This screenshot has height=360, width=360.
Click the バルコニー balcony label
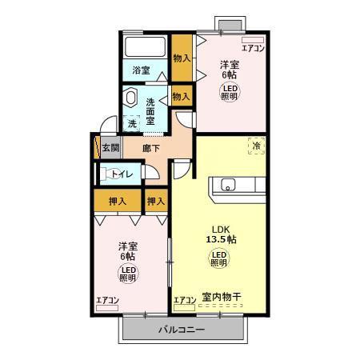pyautogui.click(x=181, y=330)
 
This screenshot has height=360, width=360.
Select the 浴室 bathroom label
pyautogui.click(x=142, y=70)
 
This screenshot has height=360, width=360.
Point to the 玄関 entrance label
pyautogui.click(x=110, y=148)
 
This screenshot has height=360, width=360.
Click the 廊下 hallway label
pyautogui.click(x=152, y=148)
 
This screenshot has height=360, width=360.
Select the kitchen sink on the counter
pyautogui.click(x=226, y=186)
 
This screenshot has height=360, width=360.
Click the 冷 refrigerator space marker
pyautogui.click(x=257, y=146)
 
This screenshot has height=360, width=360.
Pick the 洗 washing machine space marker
pyautogui.click(x=132, y=124)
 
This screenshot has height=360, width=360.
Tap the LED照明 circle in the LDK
pyautogui.click(x=218, y=258)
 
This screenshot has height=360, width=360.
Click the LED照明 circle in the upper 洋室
pyautogui.click(x=230, y=91)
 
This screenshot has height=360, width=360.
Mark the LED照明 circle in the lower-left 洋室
pyautogui.click(x=128, y=275)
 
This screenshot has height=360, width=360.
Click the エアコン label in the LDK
pyautogui.click(x=185, y=300)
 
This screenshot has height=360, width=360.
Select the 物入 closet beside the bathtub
pyautogui.click(x=182, y=58)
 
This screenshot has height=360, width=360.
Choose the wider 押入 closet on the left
pyautogui.click(x=117, y=202)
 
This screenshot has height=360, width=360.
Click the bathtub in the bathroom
pyautogui.click(x=145, y=46)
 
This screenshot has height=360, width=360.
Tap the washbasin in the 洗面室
pyautogui.click(x=132, y=98)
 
